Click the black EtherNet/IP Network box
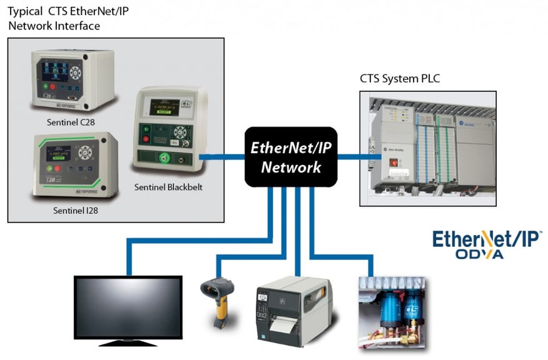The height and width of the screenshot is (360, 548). click(x=291, y=156)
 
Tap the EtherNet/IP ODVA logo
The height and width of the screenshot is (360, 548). click(x=486, y=244)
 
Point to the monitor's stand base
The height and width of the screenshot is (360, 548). click(x=128, y=343)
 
